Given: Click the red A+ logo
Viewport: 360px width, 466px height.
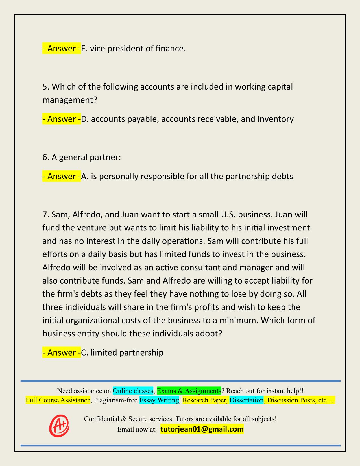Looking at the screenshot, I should tap(59, 426).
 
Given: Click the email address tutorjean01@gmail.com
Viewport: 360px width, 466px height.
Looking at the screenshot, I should tap(202, 429).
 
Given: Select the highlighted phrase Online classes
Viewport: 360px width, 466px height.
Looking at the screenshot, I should tap(133, 391).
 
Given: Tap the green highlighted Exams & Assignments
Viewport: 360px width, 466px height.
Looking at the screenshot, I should tap(189, 391).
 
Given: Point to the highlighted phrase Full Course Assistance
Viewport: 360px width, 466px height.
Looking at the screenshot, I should tap(58, 400).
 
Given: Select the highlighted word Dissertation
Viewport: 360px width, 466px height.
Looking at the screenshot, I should tap(246, 400).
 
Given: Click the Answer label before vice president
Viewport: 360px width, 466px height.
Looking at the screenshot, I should tap(62, 49).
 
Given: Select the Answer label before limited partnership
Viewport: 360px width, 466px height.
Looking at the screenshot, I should tap(62, 353).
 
